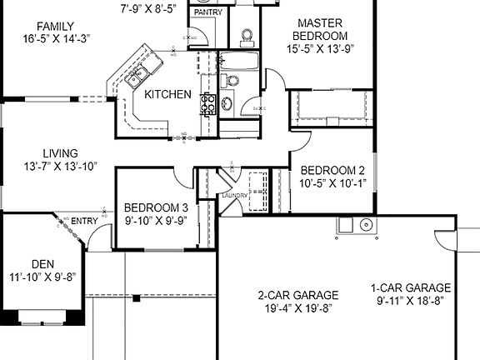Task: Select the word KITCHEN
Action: (x=167, y=95)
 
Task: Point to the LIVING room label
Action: (x=60, y=153)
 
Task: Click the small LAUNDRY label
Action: (x=233, y=196)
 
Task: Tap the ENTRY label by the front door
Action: (x=84, y=221)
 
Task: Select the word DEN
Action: (x=42, y=263)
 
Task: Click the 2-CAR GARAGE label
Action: (x=297, y=295)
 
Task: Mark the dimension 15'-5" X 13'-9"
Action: (x=322, y=49)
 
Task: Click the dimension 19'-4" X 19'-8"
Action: (x=297, y=307)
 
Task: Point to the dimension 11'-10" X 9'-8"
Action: (x=42, y=277)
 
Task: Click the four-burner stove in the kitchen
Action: (x=207, y=104)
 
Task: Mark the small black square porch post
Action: (x=135, y=297)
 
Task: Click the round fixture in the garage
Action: (x=364, y=224)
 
